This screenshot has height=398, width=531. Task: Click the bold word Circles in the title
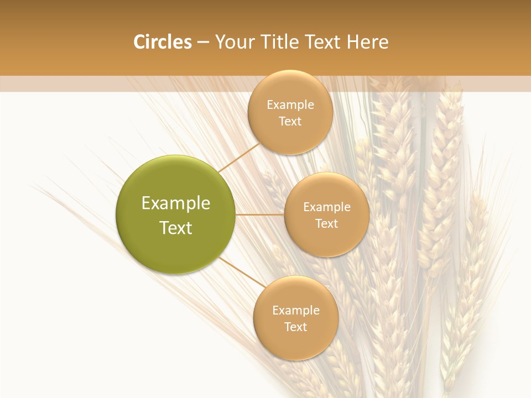163,42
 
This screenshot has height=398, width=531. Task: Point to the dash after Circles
203,43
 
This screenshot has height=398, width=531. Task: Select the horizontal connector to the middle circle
260,214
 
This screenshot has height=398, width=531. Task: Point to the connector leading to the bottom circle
242,272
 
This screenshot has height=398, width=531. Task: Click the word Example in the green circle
176,203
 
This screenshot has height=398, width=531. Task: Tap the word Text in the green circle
176,228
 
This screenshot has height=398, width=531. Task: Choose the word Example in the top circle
290,104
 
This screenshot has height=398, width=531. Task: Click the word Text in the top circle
290,121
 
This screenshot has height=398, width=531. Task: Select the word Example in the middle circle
327,207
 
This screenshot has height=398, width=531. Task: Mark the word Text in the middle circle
327,223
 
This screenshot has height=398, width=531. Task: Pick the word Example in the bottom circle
296,310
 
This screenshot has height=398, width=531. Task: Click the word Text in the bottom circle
296,327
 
